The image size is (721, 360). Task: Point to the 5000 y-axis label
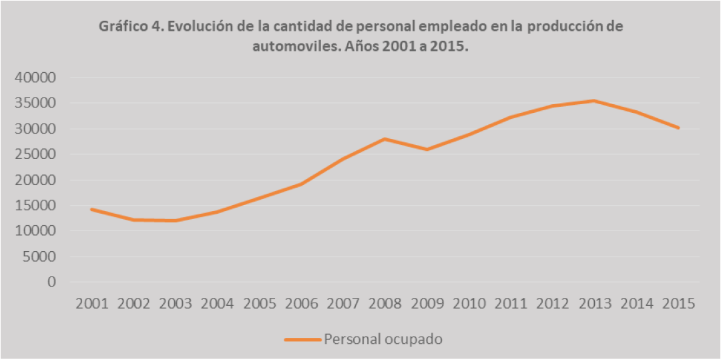pos(43,256)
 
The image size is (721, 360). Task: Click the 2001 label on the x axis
pos(93,304)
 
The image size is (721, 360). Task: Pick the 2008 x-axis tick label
pos(385,304)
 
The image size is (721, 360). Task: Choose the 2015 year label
pos(678,304)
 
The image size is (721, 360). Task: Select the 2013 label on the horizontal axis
pos(594,304)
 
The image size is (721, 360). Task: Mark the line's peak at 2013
pos(594,101)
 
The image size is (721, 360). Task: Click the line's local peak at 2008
pos(385,139)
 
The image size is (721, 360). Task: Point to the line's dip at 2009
pos(427,150)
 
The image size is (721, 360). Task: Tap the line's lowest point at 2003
pos(176,220)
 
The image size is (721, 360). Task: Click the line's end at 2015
pos(678,128)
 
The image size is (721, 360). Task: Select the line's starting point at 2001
pos(92,209)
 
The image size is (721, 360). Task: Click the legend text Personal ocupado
pos(383,339)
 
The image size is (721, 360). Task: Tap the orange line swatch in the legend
pos(302,339)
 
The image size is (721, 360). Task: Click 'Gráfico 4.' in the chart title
pos(129,27)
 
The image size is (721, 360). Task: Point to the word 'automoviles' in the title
pos(290,47)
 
